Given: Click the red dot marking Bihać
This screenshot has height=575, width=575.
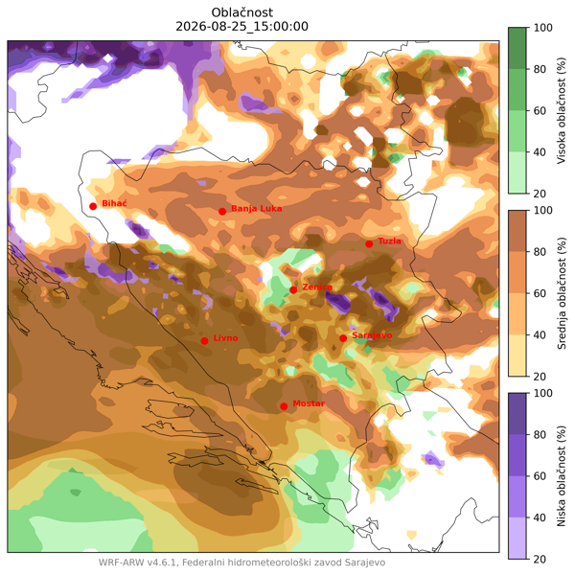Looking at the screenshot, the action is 93,206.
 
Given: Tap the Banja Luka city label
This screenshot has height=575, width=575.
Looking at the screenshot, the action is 256,209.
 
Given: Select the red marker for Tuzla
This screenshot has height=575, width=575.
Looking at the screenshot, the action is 369,244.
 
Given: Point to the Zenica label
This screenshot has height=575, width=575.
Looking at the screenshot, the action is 317,287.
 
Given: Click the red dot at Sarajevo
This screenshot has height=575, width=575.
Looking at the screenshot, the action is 343,338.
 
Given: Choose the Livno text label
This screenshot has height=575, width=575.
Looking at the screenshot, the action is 225,337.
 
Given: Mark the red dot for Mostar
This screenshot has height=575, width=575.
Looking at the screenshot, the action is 284,406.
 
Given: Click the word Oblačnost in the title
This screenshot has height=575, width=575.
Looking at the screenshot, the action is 242,12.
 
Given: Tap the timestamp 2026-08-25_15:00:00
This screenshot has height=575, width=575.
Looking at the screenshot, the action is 242,27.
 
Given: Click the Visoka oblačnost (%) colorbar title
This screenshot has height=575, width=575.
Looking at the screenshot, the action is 561,110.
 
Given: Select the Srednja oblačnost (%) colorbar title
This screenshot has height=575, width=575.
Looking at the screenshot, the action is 561,293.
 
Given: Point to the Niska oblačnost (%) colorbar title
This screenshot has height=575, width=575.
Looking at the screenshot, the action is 561,476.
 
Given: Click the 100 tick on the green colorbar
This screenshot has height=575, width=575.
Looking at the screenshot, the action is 542,28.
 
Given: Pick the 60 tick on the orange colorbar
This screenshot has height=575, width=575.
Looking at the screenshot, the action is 540,293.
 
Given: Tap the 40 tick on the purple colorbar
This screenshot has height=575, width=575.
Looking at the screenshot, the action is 540,517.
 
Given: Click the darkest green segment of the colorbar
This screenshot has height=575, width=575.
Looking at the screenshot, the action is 517,48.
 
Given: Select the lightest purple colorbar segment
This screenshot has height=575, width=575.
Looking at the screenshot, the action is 517,539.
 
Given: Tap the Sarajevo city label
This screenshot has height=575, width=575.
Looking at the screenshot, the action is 372,335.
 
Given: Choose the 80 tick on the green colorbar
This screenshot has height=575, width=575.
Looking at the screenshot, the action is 540,69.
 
